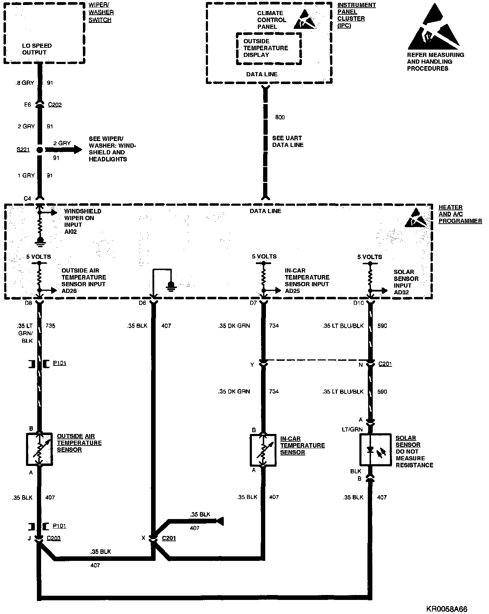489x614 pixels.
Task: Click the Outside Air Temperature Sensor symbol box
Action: (39, 449)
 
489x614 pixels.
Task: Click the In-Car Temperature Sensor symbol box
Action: (263, 450)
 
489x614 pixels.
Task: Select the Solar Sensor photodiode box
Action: (375, 449)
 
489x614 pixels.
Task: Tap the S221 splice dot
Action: (39, 150)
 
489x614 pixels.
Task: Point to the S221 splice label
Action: (23, 150)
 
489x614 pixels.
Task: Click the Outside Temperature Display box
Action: (269, 49)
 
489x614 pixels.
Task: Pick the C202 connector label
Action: (55, 105)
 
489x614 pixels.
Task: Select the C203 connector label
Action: (53, 538)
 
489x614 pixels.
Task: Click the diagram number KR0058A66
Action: (447, 609)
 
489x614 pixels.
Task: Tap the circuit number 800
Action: (280, 117)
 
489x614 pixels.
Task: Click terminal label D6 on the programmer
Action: (142, 303)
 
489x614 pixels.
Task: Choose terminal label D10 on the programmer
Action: (358, 303)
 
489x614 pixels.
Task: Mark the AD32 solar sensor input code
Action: (401, 292)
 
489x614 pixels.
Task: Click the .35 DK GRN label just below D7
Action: (234, 326)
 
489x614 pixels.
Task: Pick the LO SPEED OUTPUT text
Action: (37, 49)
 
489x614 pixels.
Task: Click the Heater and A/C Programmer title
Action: (460, 214)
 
